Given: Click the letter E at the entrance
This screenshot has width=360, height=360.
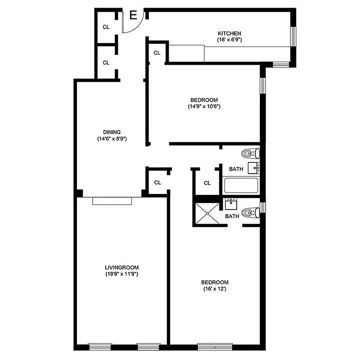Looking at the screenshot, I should click(133, 16).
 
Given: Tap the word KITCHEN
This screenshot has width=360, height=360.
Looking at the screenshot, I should click(230, 34).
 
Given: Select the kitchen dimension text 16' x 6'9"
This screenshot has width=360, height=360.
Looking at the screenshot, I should click(230, 40).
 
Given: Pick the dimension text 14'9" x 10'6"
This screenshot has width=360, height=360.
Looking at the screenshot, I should click(204, 107).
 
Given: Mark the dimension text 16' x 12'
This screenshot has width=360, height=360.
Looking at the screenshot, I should click(214, 289).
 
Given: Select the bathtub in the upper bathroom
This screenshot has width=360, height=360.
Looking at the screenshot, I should click(241, 185).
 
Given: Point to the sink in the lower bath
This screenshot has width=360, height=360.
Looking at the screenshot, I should click(231, 204).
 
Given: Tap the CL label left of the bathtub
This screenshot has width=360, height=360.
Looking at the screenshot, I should click(207, 183).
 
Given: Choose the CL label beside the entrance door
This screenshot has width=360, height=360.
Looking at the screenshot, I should click(106, 27).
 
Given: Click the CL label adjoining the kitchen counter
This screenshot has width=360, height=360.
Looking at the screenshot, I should click(157, 53).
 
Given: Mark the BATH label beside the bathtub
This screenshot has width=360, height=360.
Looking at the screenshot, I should click(236, 169).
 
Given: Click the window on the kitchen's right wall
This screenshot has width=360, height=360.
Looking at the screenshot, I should click(293, 36).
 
